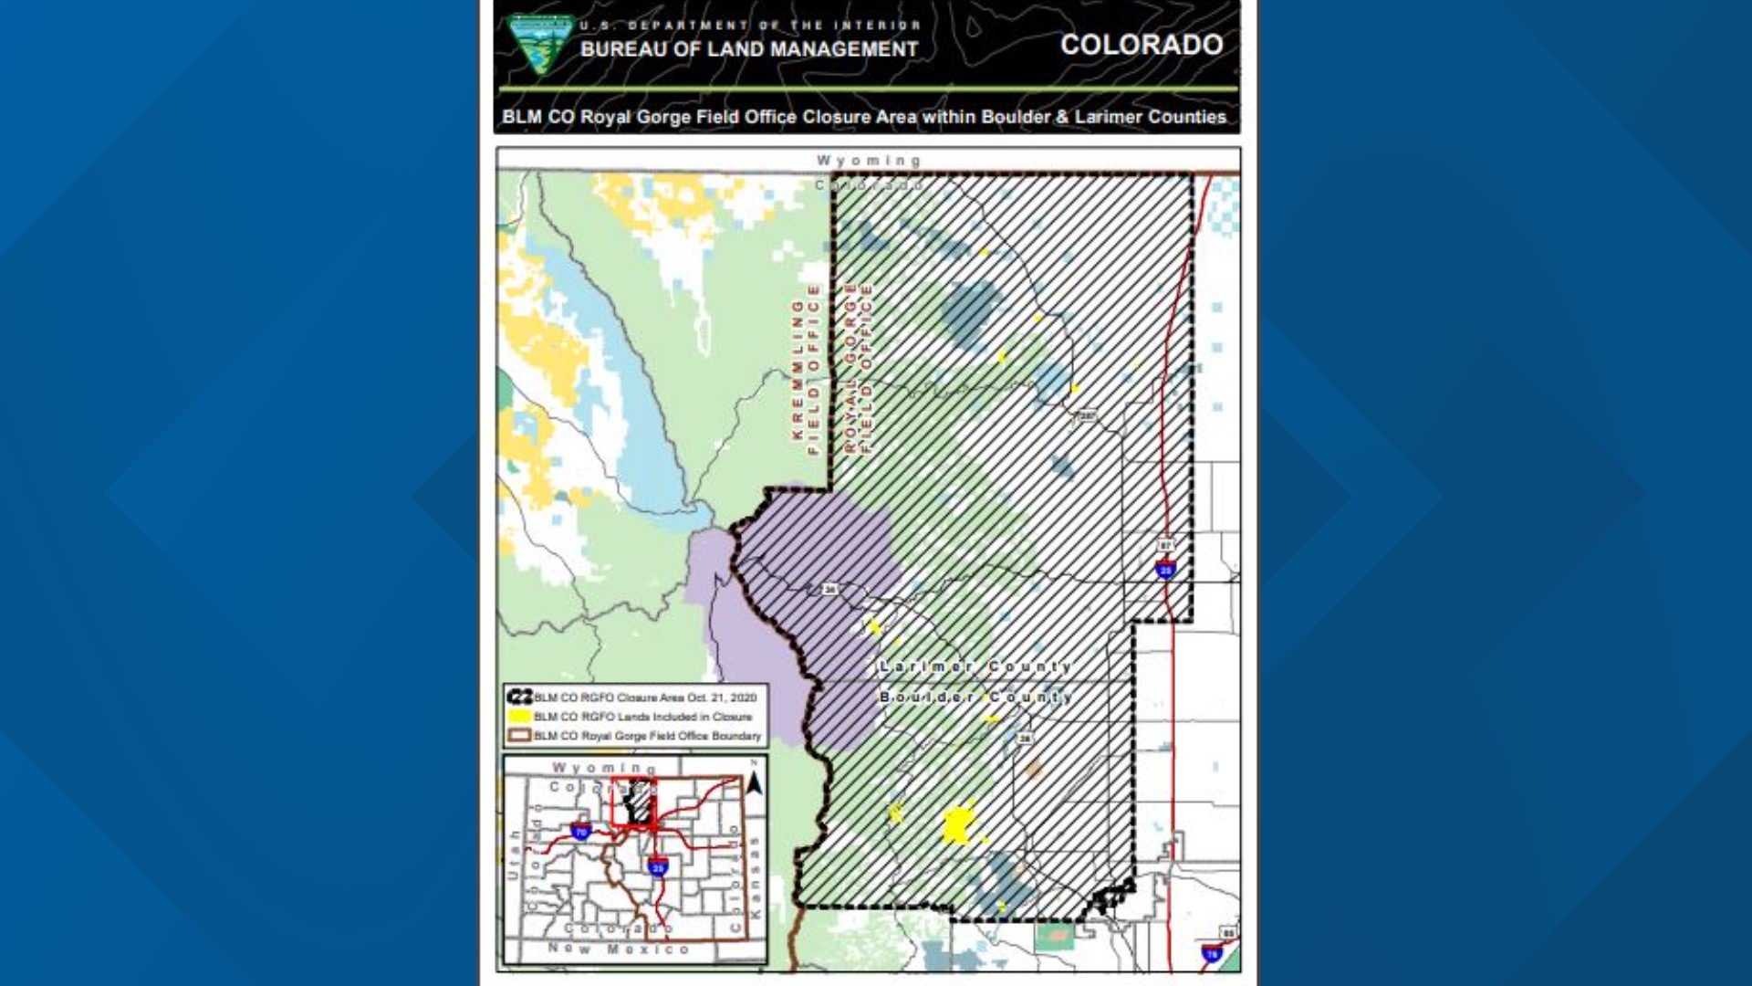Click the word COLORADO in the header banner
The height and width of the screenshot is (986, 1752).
(1141, 45)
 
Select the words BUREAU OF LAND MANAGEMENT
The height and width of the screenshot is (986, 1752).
(749, 49)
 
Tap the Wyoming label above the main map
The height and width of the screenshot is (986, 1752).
(868, 161)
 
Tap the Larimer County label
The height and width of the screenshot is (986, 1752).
(975, 666)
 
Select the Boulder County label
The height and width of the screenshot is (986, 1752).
(975, 698)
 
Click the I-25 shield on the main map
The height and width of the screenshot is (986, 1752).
(1165, 570)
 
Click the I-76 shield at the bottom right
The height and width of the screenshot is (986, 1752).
(1211, 954)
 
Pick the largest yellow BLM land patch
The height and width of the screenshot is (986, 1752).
(958, 824)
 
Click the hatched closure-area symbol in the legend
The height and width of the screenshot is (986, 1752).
(519, 697)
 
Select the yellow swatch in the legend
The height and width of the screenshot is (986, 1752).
(519, 717)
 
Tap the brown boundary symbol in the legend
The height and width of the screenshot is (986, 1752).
(519, 735)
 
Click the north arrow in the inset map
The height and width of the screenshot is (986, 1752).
(754, 782)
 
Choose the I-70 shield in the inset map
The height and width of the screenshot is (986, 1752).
(580, 831)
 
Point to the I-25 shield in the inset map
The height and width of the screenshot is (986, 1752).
(657, 865)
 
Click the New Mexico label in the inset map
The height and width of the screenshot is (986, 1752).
(619, 949)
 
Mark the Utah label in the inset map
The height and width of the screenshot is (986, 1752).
(513, 854)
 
